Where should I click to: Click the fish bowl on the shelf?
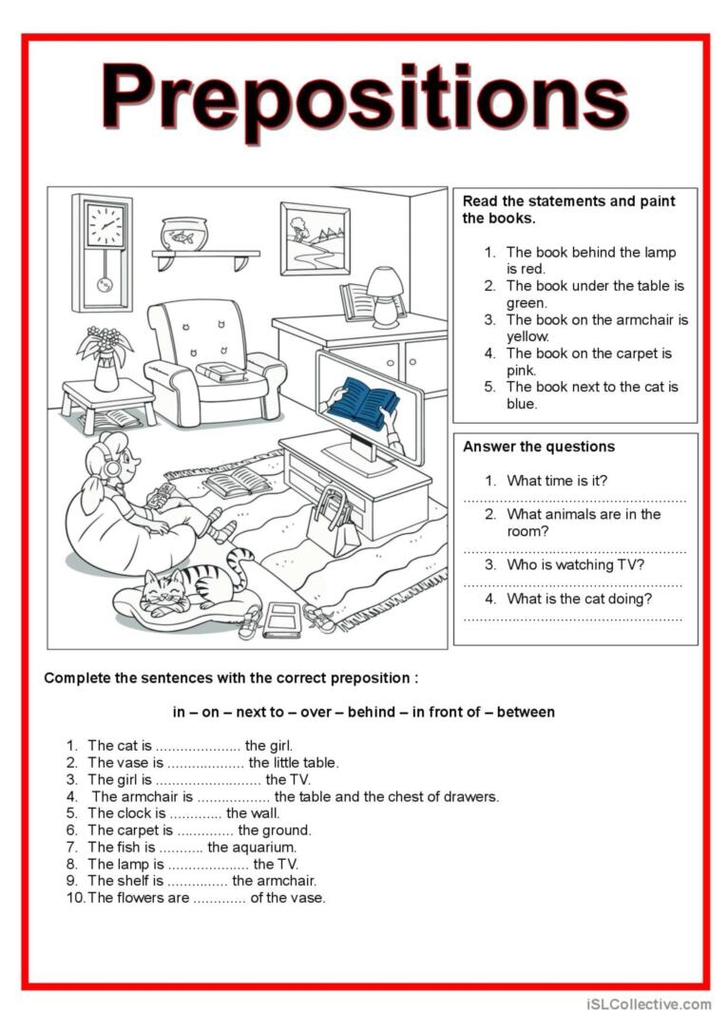[183, 234]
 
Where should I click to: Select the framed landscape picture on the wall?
[315, 238]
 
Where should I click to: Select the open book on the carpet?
[237, 484]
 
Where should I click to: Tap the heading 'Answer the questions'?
[538, 447]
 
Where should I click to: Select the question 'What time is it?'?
[557, 481]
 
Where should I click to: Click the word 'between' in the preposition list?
[526, 712]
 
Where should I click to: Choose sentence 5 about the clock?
[182, 813]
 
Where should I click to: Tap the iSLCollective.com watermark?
[648, 1003]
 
